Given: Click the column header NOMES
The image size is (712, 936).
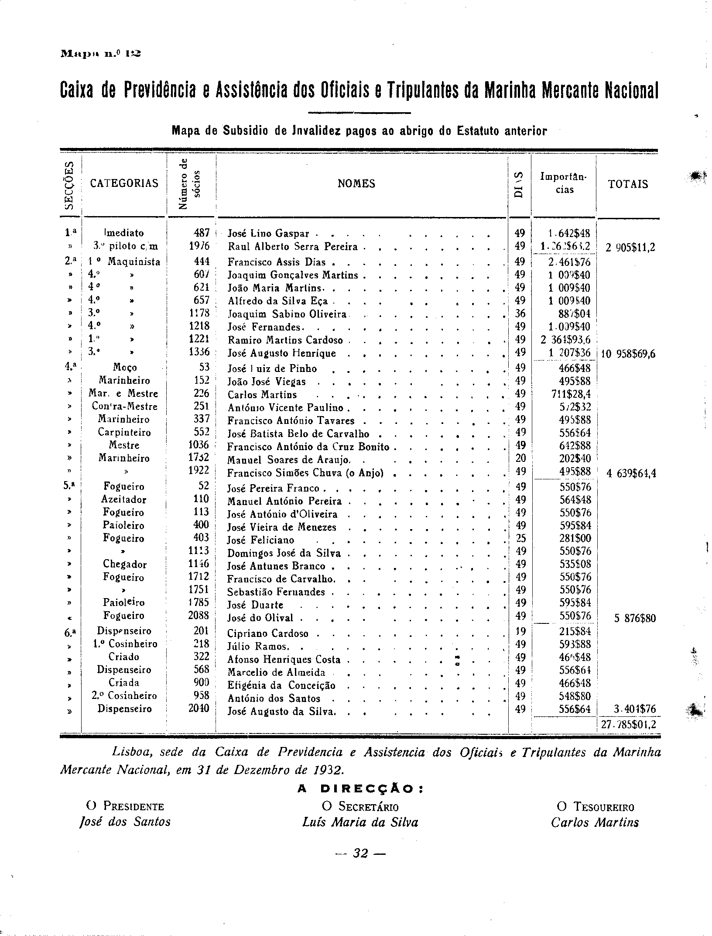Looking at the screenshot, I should pyautogui.click(x=356, y=184).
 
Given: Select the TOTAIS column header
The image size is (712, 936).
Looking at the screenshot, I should pyautogui.click(x=628, y=184).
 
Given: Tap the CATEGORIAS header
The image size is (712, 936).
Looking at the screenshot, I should pyautogui.click(x=124, y=183).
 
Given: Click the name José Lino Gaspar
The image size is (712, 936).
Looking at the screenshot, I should pyautogui.click(x=268, y=234).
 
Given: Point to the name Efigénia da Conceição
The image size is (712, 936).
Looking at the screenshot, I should pyautogui.click(x=281, y=685).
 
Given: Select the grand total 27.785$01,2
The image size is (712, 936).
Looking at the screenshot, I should pyautogui.click(x=628, y=725).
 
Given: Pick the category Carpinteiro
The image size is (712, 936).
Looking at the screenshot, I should pyautogui.click(x=124, y=433).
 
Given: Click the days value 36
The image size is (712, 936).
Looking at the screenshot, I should pyautogui.click(x=520, y=314).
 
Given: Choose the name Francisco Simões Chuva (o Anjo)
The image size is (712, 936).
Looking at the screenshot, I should pyautogui.click(x=305, y=473).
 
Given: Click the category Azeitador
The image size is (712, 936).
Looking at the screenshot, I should pyautogui.click(x=124, y=499).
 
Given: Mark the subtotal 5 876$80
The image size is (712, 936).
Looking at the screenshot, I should pyautogui.click(x=635, y=619).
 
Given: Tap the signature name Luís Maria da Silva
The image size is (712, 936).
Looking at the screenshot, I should pyautogui.click(x=360, y=823).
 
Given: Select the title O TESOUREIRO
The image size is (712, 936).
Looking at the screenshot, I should pyautogui.click(x=595, y=807).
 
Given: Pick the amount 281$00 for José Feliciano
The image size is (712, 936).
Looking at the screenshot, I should pyautogui.click(x=575, y=538).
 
